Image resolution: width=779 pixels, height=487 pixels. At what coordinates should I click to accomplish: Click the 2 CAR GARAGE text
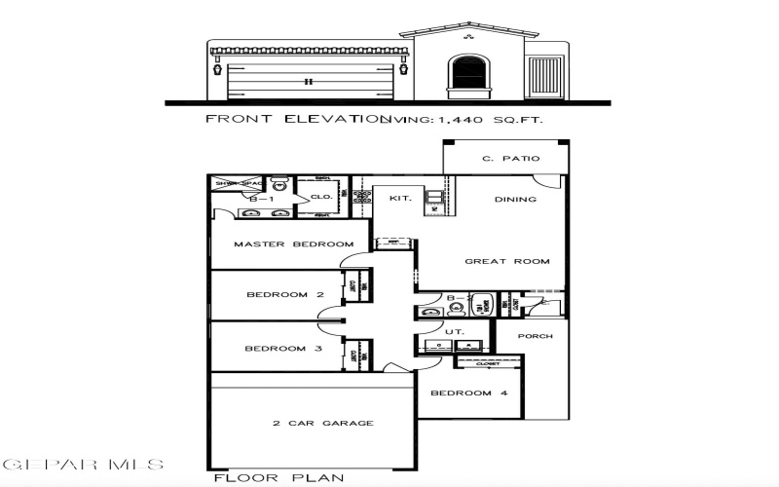coord(309,423)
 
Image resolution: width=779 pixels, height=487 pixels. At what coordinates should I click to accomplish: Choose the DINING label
coord(514,199)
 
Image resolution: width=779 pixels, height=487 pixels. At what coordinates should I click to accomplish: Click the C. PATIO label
coord(510,159)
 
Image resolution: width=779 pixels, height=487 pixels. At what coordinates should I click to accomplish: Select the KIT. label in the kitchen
coord(400,199)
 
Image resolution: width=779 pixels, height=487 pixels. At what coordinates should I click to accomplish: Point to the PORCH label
coord(535,336)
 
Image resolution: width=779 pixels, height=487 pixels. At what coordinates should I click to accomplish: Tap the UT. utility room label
coord(454,332)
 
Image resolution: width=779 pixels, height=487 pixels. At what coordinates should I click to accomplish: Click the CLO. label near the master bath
coord(322,197)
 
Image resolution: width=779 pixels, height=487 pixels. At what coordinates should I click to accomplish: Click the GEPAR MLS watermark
coord(84,465)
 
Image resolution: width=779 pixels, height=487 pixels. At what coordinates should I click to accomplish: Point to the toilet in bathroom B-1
coord(279,184)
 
